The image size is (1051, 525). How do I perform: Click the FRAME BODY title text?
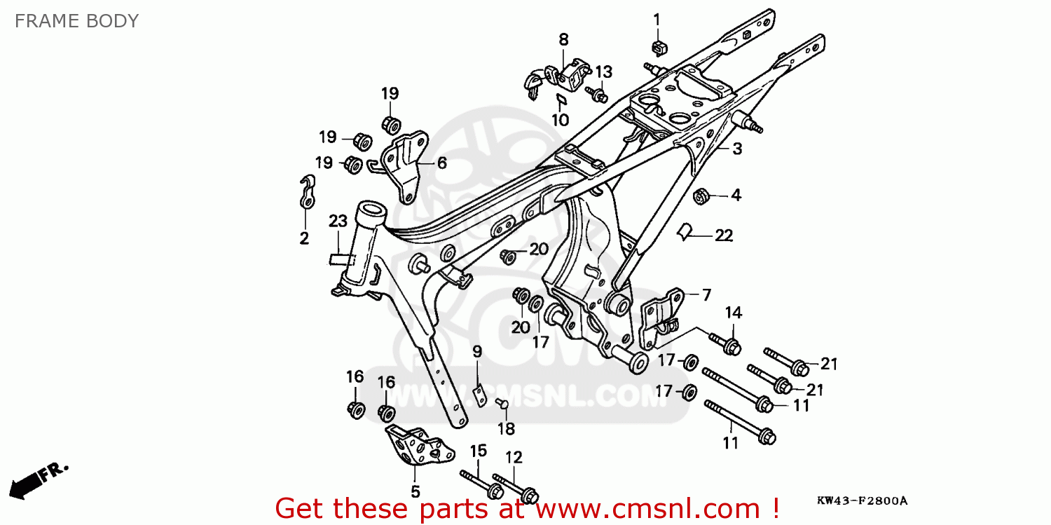pyautogui.click(x=76, y=21)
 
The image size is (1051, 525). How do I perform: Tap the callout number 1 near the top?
pyautogui.click(x=657, y=19)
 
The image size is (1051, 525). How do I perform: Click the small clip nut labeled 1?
pyautogui.click(x=658, y=48)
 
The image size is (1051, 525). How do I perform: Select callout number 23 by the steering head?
pyautogui.click(x=338, y=221)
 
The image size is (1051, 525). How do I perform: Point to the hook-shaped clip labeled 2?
pyautogui.click(x=305, y=193)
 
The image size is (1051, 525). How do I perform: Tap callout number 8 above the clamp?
pyautogui.click(x=563, y=40)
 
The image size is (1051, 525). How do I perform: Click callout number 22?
pyautogui.click(x=723, y=236)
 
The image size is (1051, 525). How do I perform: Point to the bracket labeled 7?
pyautogui.click(x=662, y=313)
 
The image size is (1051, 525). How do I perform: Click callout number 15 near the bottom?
pyautogui.click(x=478, y=451)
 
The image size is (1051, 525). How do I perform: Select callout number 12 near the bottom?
pyautogui.click(x=514, y=458)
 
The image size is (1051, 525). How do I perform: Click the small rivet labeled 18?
pyautogui.click(x=501, y=402)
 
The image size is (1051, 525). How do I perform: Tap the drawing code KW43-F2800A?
pyautogui.click(x=861, y=500)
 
